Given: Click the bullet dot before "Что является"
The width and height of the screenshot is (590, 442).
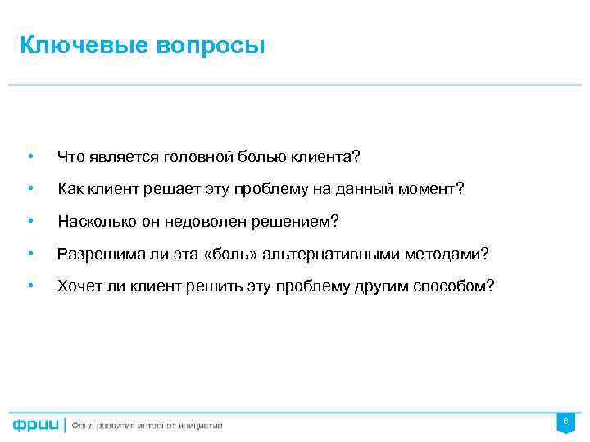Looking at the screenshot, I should click(x=29, y=156).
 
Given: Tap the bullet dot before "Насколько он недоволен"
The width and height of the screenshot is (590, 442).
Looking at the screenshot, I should click(x=29, y=222).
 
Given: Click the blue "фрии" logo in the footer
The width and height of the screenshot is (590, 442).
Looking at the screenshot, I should click(x=35, y=425).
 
